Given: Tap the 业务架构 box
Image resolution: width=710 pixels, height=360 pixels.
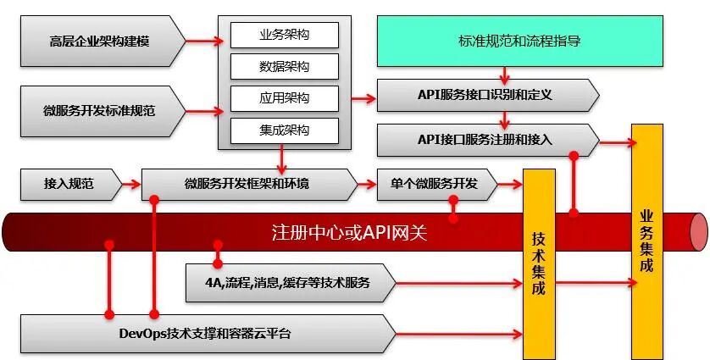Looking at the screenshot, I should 284,36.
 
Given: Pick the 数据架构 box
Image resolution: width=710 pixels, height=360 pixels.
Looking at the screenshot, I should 284,66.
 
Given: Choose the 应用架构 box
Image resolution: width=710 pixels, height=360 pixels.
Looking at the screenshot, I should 284,98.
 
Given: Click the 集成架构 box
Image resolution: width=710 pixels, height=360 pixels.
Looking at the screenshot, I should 284,130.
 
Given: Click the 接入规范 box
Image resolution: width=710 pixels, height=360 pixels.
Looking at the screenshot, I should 68,183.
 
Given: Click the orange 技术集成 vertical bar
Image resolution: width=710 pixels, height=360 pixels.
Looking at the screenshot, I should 539,263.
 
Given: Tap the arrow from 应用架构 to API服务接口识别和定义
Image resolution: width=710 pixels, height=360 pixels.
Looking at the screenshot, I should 363,98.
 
